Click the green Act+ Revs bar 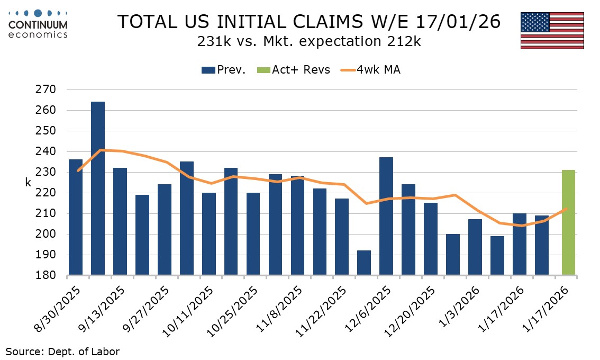568,222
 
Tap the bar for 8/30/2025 76,217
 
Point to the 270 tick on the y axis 48,89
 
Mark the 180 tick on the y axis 48,276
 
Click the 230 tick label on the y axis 48,172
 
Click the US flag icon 552,30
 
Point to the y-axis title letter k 28,182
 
